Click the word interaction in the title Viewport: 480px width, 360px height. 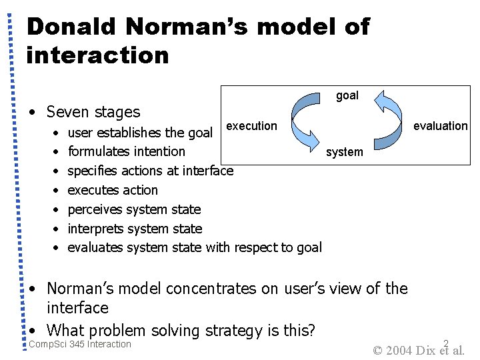97,55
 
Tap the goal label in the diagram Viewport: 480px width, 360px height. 347,95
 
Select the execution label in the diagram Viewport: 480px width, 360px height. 251,126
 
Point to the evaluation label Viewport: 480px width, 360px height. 441,126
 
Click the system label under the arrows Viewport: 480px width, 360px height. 344,152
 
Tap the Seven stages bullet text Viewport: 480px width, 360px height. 93,112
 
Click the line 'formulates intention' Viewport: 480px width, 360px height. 127,151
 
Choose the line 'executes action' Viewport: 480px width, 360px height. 113,190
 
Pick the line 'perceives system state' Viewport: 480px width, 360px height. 134,209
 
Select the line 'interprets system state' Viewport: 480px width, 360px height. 135,229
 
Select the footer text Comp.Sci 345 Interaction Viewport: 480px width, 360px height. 80,344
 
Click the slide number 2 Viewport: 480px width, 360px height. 446,343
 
